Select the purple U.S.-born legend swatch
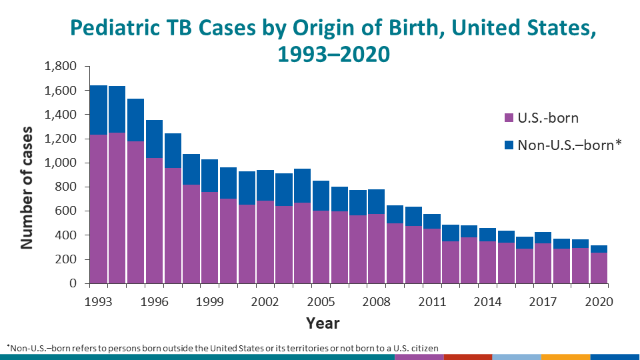pos(507,118)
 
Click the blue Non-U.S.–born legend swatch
pos(507,144)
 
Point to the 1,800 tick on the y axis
pos(60,67)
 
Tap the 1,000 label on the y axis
pos(60,163)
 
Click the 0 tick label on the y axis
pos(73,284)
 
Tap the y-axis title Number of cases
pos(26,187)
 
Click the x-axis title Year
pos(323,324)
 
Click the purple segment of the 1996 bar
pos(154,220)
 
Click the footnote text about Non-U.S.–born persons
pos(223,347)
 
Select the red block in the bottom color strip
pos(467,357)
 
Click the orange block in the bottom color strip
pos(565,357)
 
